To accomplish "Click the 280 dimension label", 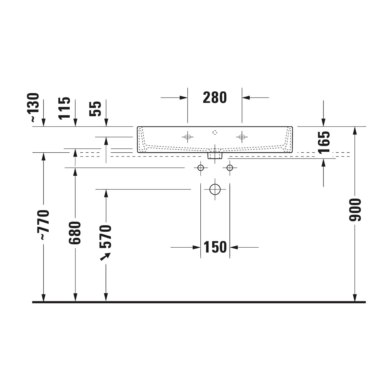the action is click(215, 98).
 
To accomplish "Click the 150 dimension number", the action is click(215, 247).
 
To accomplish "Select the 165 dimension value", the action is click(324, 142).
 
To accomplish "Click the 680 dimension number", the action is click(75, 233).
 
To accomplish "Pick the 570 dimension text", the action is click(105, 237).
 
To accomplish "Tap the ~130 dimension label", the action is click(34, 108).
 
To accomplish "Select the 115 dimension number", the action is click(65, 108).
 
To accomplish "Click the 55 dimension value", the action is click(95, 109).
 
